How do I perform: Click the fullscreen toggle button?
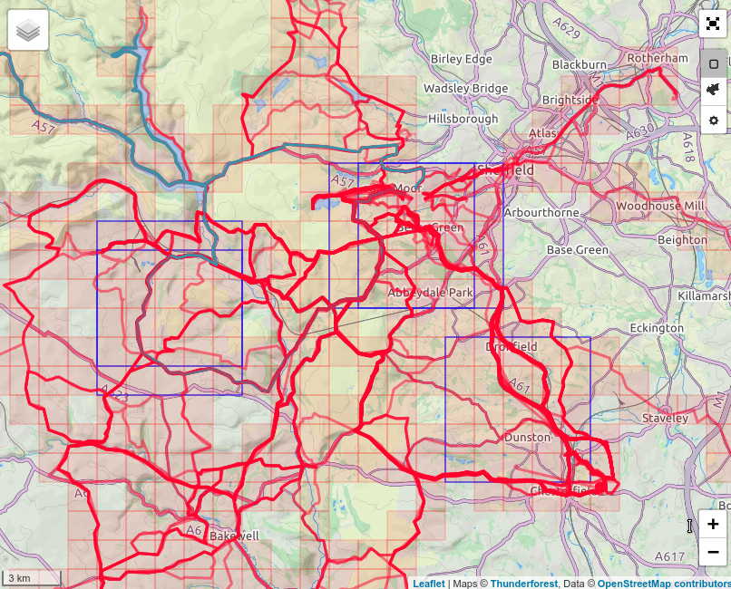point(714,25)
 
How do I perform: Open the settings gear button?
point(714,120)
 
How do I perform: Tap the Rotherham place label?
point(658,58)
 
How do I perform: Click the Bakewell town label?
point(234,536)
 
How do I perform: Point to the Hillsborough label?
point(463,119)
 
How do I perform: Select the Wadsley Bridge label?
point(465,88)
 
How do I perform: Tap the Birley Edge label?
point(461,59)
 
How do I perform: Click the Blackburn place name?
point(579,65)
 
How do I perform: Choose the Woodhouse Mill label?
point(660,206)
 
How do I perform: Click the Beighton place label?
point(682,240)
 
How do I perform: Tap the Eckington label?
point(657,327)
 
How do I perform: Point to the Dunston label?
point(527,438)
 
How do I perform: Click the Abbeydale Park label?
point(430,293)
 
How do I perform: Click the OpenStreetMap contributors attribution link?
point(664,584)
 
